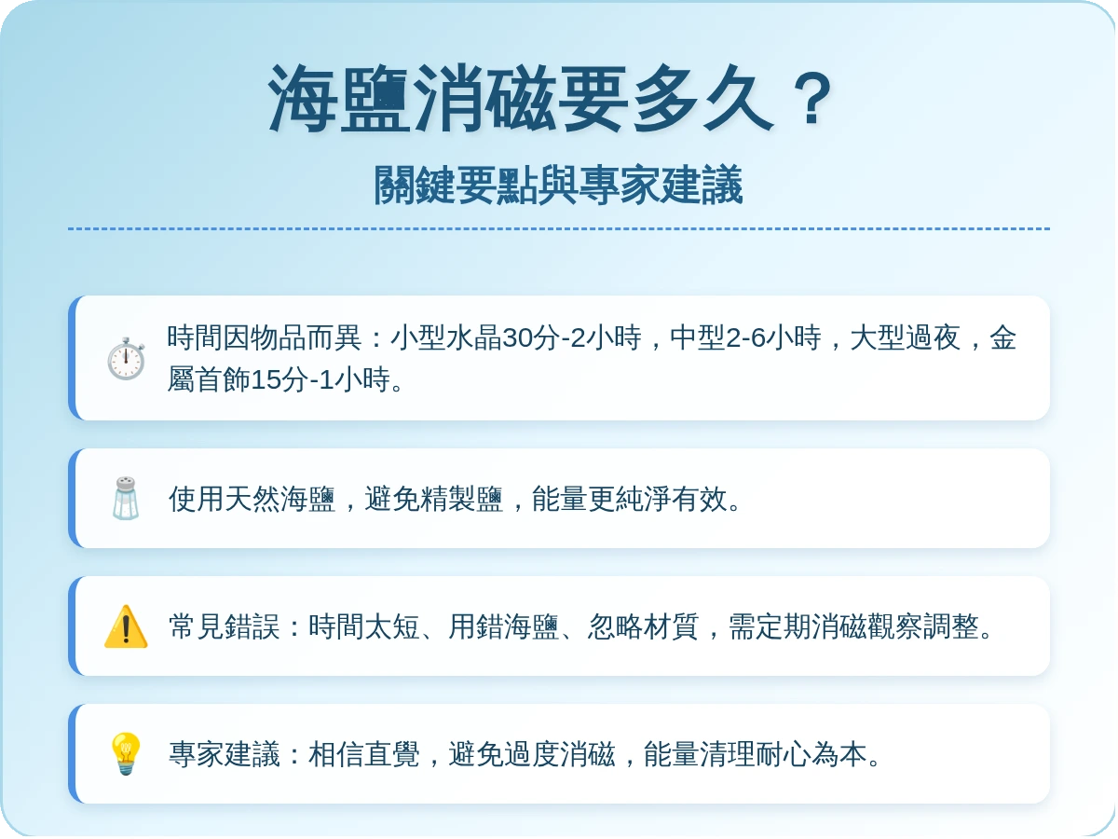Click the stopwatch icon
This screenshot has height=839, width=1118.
(126, 359)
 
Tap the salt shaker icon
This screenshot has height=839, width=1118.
(126, 499)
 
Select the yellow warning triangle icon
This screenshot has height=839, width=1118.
(126, 626)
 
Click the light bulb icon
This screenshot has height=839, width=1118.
(126, 753)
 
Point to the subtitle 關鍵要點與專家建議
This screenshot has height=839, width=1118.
(558, 186)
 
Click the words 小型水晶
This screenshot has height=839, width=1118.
(445, 337)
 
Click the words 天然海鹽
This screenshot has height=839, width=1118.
(279, 499)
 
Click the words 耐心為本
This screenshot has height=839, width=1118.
(811, 754)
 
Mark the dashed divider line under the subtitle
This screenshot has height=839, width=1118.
(558, 228)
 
